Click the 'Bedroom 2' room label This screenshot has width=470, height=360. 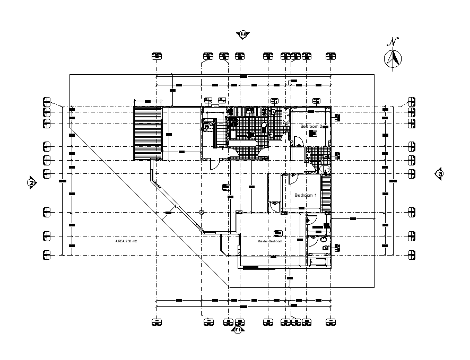click(311, 127)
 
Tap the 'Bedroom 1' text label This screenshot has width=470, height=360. click(306, 195)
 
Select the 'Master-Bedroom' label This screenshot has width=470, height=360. click(269, 241)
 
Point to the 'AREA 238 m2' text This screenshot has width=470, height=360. click(126, 241)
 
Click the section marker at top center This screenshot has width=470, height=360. click(243, 34)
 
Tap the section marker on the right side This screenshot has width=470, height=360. click(440, 173)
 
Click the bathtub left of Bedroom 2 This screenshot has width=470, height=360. click(286, 116)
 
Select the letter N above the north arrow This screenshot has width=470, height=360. click(393, 42)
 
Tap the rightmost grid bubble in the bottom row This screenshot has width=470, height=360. click(331, 321)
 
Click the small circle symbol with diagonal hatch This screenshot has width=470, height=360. click(202, 212)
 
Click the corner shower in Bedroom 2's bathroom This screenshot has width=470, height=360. click(325, 169)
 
